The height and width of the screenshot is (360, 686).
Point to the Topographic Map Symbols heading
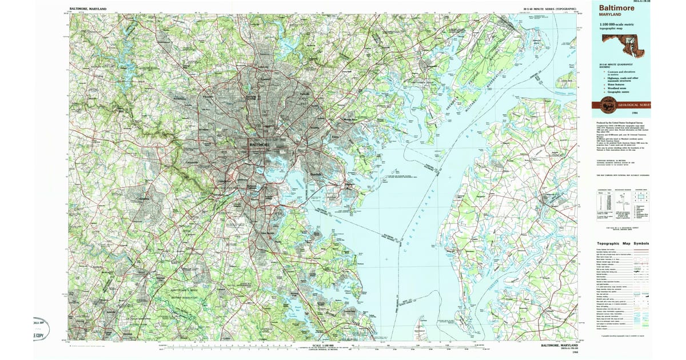tap(623, 243)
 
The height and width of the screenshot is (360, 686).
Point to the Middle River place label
tap(349, 119)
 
